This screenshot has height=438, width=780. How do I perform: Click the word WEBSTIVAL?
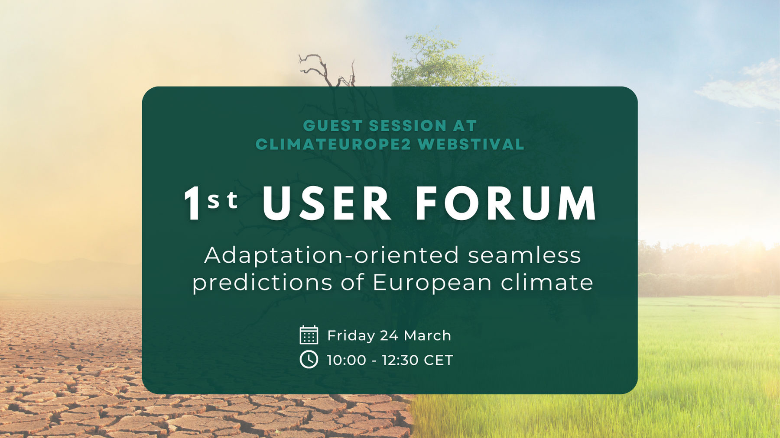(471, 144)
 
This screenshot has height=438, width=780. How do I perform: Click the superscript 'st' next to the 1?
(223, 200)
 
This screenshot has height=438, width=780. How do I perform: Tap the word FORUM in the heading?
(506, 203)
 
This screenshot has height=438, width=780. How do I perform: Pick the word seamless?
(524, 255)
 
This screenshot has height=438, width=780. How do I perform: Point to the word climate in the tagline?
(547, 283)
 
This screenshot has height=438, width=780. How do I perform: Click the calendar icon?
(309, 335)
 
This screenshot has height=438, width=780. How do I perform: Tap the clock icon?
(309, 360)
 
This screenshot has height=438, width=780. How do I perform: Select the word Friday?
(351, 336)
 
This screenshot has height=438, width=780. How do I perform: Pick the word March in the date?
(427, 336)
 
